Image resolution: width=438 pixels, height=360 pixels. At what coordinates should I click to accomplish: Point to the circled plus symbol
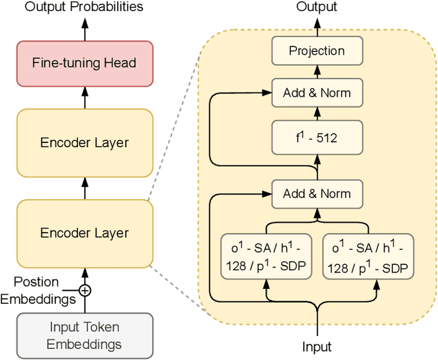click(x=85, y=290)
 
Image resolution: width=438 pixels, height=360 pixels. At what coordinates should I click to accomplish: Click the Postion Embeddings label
click(x=37, y=290)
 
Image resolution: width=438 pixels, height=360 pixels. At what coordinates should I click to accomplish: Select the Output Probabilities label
click(x=85, y=7)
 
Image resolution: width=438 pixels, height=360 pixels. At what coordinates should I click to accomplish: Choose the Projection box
click(x=317, y=51)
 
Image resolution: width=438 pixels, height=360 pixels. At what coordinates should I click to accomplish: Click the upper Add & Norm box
click(x=317, y=92)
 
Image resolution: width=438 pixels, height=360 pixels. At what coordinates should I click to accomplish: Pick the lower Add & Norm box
click(x=317, y=194)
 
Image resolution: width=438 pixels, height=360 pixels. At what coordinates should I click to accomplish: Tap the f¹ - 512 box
click(x=317, y=138)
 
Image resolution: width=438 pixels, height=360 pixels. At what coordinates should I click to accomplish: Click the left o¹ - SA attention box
click(x=266, y=257)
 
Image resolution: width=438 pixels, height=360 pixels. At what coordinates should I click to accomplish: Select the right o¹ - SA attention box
click(x=368, y=257)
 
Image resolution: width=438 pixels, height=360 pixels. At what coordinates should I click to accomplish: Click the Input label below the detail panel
click(x=317, y=347)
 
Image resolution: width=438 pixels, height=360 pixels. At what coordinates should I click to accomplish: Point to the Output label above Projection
click(x=317, y=7)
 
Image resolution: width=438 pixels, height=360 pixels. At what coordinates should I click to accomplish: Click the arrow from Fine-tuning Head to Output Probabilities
click(x=86, y=28)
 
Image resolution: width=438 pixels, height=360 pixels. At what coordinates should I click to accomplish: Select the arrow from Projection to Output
click(x=317, y=27)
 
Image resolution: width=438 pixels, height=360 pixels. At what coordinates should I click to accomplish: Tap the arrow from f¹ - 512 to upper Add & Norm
click(x=317, y=114)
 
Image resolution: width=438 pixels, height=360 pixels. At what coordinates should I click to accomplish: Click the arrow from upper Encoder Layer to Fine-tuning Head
click(x=86, y=98)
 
